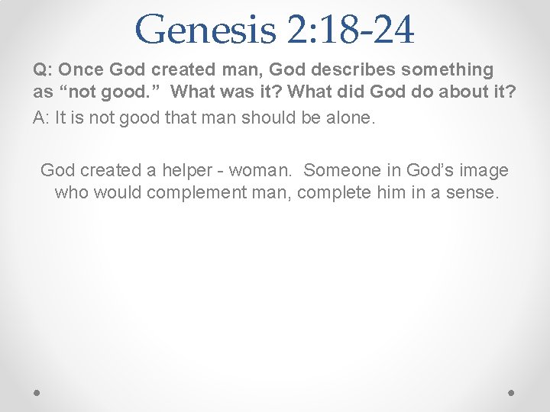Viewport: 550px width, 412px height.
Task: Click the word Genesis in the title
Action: pos(204,31)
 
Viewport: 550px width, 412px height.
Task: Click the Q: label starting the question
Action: pos(42,70)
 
